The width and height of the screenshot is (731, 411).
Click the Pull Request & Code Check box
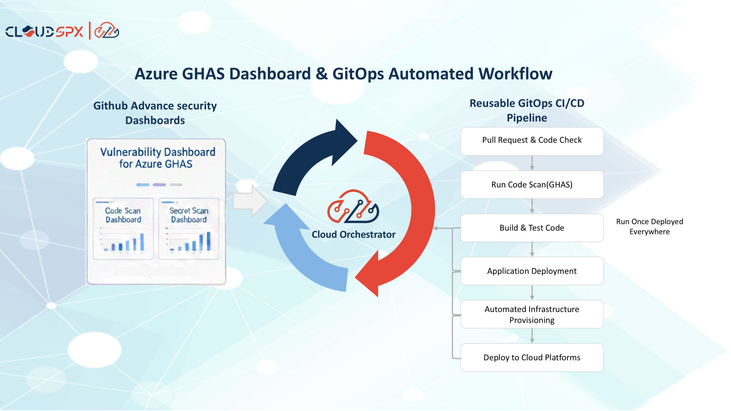click(532, 141)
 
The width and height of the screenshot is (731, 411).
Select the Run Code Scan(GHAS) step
click(532, 184)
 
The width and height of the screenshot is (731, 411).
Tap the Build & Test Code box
click(532, 228)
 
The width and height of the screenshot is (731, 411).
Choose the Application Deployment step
click(532, 271)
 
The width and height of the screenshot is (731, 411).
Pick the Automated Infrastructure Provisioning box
click(532, 315)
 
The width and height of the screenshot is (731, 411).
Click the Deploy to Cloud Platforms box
click(532, 358)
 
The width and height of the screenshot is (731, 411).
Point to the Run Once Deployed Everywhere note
click(649, 227)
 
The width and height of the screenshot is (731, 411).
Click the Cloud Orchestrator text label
click(354, 235)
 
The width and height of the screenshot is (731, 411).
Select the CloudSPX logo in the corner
click(62, 31)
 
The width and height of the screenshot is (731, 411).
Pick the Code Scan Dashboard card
click(123, 228)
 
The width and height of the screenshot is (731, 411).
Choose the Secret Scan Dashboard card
click(189, 228)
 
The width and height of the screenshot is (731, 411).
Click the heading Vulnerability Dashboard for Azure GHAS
click(157, 158)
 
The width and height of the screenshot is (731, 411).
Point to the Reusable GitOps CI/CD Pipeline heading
click(527, 111)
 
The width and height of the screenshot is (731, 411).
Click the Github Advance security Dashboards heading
click(155, 113)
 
